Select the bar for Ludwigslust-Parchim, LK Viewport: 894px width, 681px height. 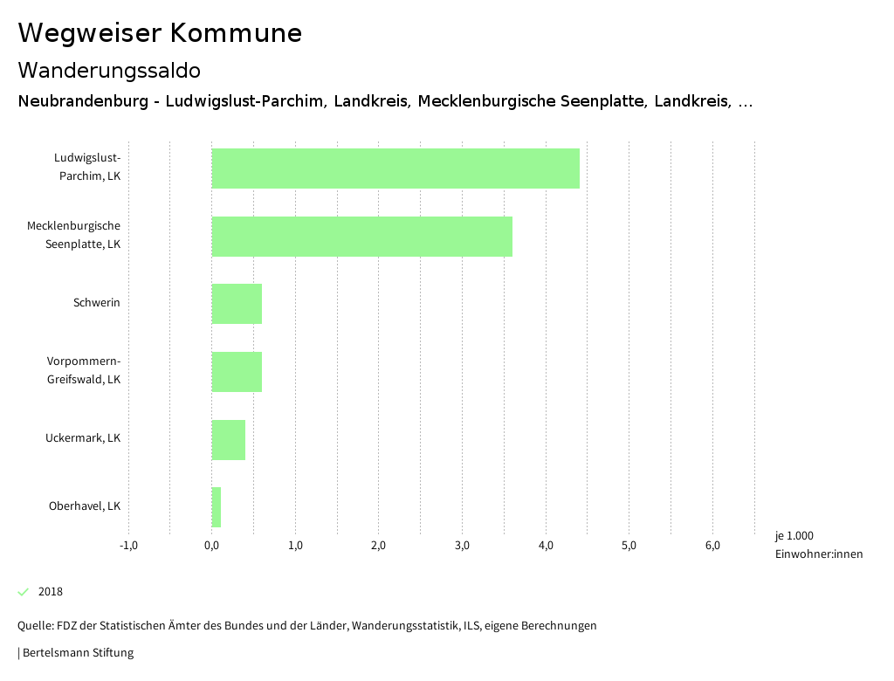pos(395,169)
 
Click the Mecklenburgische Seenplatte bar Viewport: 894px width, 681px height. pos(362,236)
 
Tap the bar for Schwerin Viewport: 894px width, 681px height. pos(237,304)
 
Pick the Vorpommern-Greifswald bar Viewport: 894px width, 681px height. pos(237,372)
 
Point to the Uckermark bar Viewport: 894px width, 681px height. pos(229,440)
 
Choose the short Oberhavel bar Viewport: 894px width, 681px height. pos(217,507)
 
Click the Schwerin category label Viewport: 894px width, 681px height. pos(97,303)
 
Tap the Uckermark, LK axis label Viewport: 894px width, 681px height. pos(83,438)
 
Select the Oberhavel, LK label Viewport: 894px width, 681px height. pos(85,506)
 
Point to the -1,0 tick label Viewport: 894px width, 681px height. pos(128,546)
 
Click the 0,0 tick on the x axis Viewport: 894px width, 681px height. pos(211,546)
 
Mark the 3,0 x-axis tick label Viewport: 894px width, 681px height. pos(462,546)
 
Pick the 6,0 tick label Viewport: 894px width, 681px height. pos(712,546)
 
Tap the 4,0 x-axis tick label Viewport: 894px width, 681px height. pos(546,546)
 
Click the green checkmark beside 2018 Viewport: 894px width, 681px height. pos(24,592)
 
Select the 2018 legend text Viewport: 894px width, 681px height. pos(51,592)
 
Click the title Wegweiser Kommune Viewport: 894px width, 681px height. pos(160,33)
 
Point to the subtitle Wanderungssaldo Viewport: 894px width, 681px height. pos(109,70)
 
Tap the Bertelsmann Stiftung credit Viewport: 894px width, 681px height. pos(78,652)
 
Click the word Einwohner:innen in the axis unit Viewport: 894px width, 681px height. pos(818,554)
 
